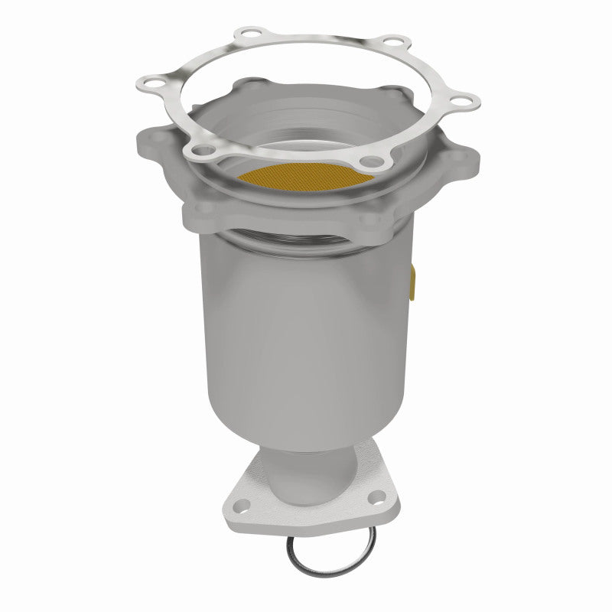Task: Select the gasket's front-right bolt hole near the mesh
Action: [x=374, y=161]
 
